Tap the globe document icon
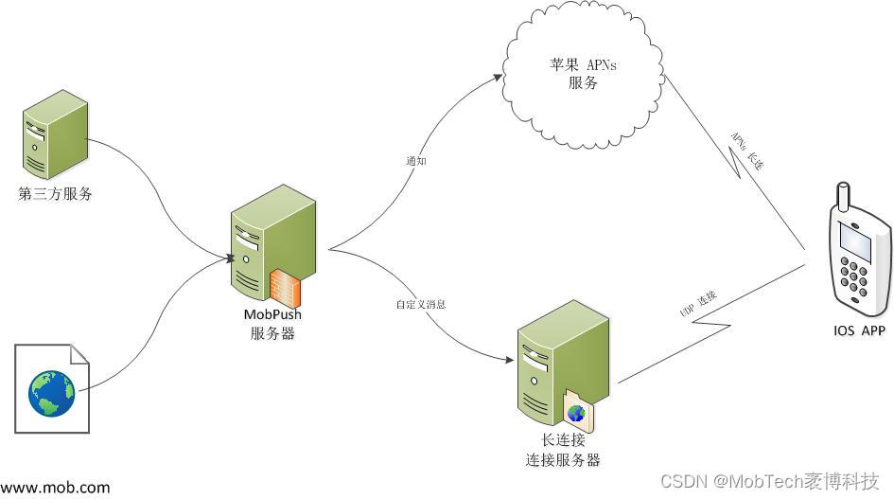tap(51, 387)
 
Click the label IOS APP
tap(859, 331)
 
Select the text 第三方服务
tap(56, 194)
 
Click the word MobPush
tap(272, 314)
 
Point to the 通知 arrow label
tap(416, 161)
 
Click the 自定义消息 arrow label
tap(421, 305)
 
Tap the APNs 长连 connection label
tap(746, 151)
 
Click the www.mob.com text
tap(56, 488)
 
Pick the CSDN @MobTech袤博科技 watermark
tap(770, 481)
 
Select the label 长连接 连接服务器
tap(563, 451)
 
